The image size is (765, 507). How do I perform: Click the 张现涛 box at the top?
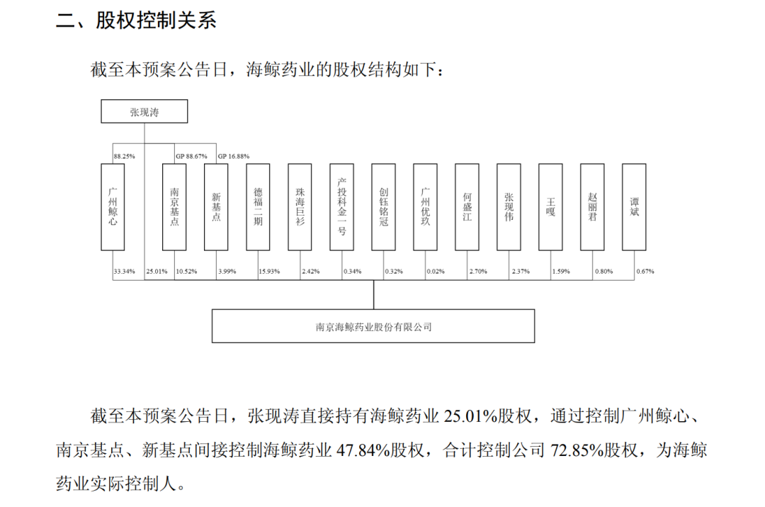point(144,111)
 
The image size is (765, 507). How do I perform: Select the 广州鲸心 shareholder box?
point(113,207)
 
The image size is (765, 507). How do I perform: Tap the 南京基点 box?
point(174,207)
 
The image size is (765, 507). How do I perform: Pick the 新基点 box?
point(216,207)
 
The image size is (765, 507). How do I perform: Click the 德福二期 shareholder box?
point(258,207)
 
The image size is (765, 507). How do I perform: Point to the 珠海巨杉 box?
point(300,207)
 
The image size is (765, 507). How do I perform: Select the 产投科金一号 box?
point(341,207)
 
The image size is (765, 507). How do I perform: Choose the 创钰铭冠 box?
point(383,207)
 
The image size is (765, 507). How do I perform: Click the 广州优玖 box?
point(425,207)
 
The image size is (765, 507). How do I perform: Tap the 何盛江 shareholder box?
point(467,207)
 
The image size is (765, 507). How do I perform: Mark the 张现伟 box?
point(509,207)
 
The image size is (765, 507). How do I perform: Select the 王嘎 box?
point(550,207)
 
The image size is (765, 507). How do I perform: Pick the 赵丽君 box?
point(592,207)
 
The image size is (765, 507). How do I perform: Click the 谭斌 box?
point(634,207)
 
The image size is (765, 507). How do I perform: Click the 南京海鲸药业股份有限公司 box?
point(373,325)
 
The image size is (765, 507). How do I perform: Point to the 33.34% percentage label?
point(125,271)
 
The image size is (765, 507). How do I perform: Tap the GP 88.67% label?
point(191,156)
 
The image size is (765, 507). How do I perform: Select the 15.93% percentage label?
point(269,271)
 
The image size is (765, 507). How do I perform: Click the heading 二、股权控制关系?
point(136,20)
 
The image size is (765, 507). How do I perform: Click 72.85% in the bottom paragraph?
point(577,450)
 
